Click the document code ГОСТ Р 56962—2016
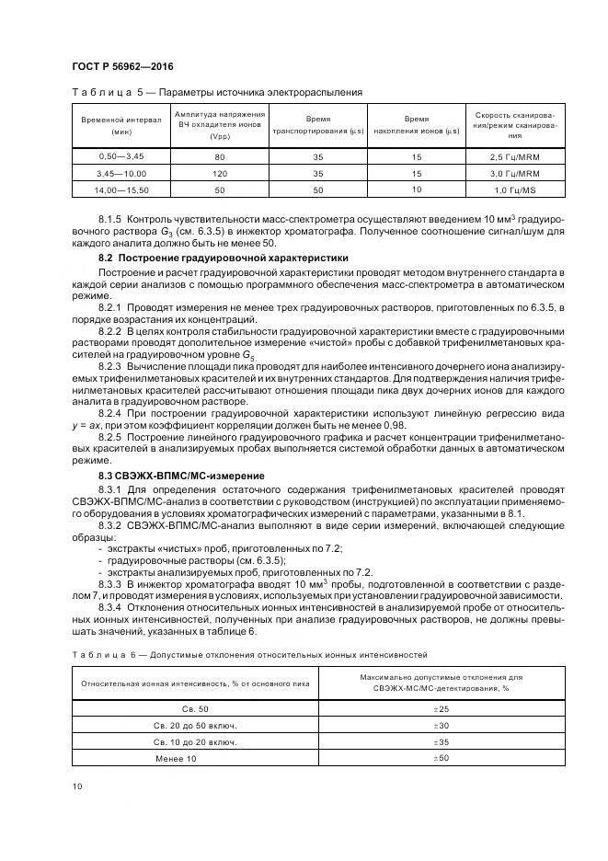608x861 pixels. (121, 67)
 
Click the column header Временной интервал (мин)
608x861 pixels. (120, 126)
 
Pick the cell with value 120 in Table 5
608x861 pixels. (219, 172)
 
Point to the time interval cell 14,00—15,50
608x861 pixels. (120, 189)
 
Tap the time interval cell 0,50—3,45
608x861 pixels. (120, 156)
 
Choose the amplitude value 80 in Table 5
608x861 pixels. (219, 156)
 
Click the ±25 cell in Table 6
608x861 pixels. (439, 708)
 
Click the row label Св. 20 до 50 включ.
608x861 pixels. (195, 725)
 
